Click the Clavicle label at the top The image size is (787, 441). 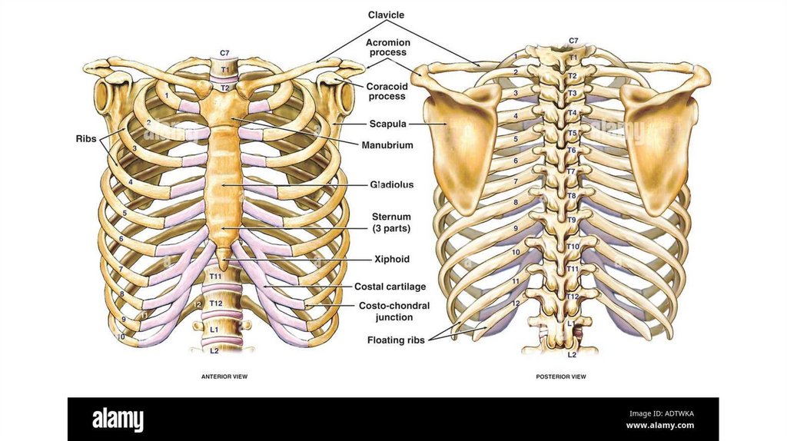tap(386, 15)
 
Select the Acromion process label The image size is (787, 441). tap(387, 48)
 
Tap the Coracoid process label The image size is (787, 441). tap(386, 91)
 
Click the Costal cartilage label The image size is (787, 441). tap(390, 287)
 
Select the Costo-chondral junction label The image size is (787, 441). tap(394, 311)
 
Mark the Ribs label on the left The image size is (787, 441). tap(85, 138)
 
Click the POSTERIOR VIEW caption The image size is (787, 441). tap(561, 377)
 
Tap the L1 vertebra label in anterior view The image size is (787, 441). tap(214, 329)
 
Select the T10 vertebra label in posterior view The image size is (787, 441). tap(573, 247)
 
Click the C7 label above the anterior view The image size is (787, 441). tap(224, 52)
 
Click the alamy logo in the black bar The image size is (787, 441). tap(118, 419)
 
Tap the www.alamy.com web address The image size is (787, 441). tap(660, 425)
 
